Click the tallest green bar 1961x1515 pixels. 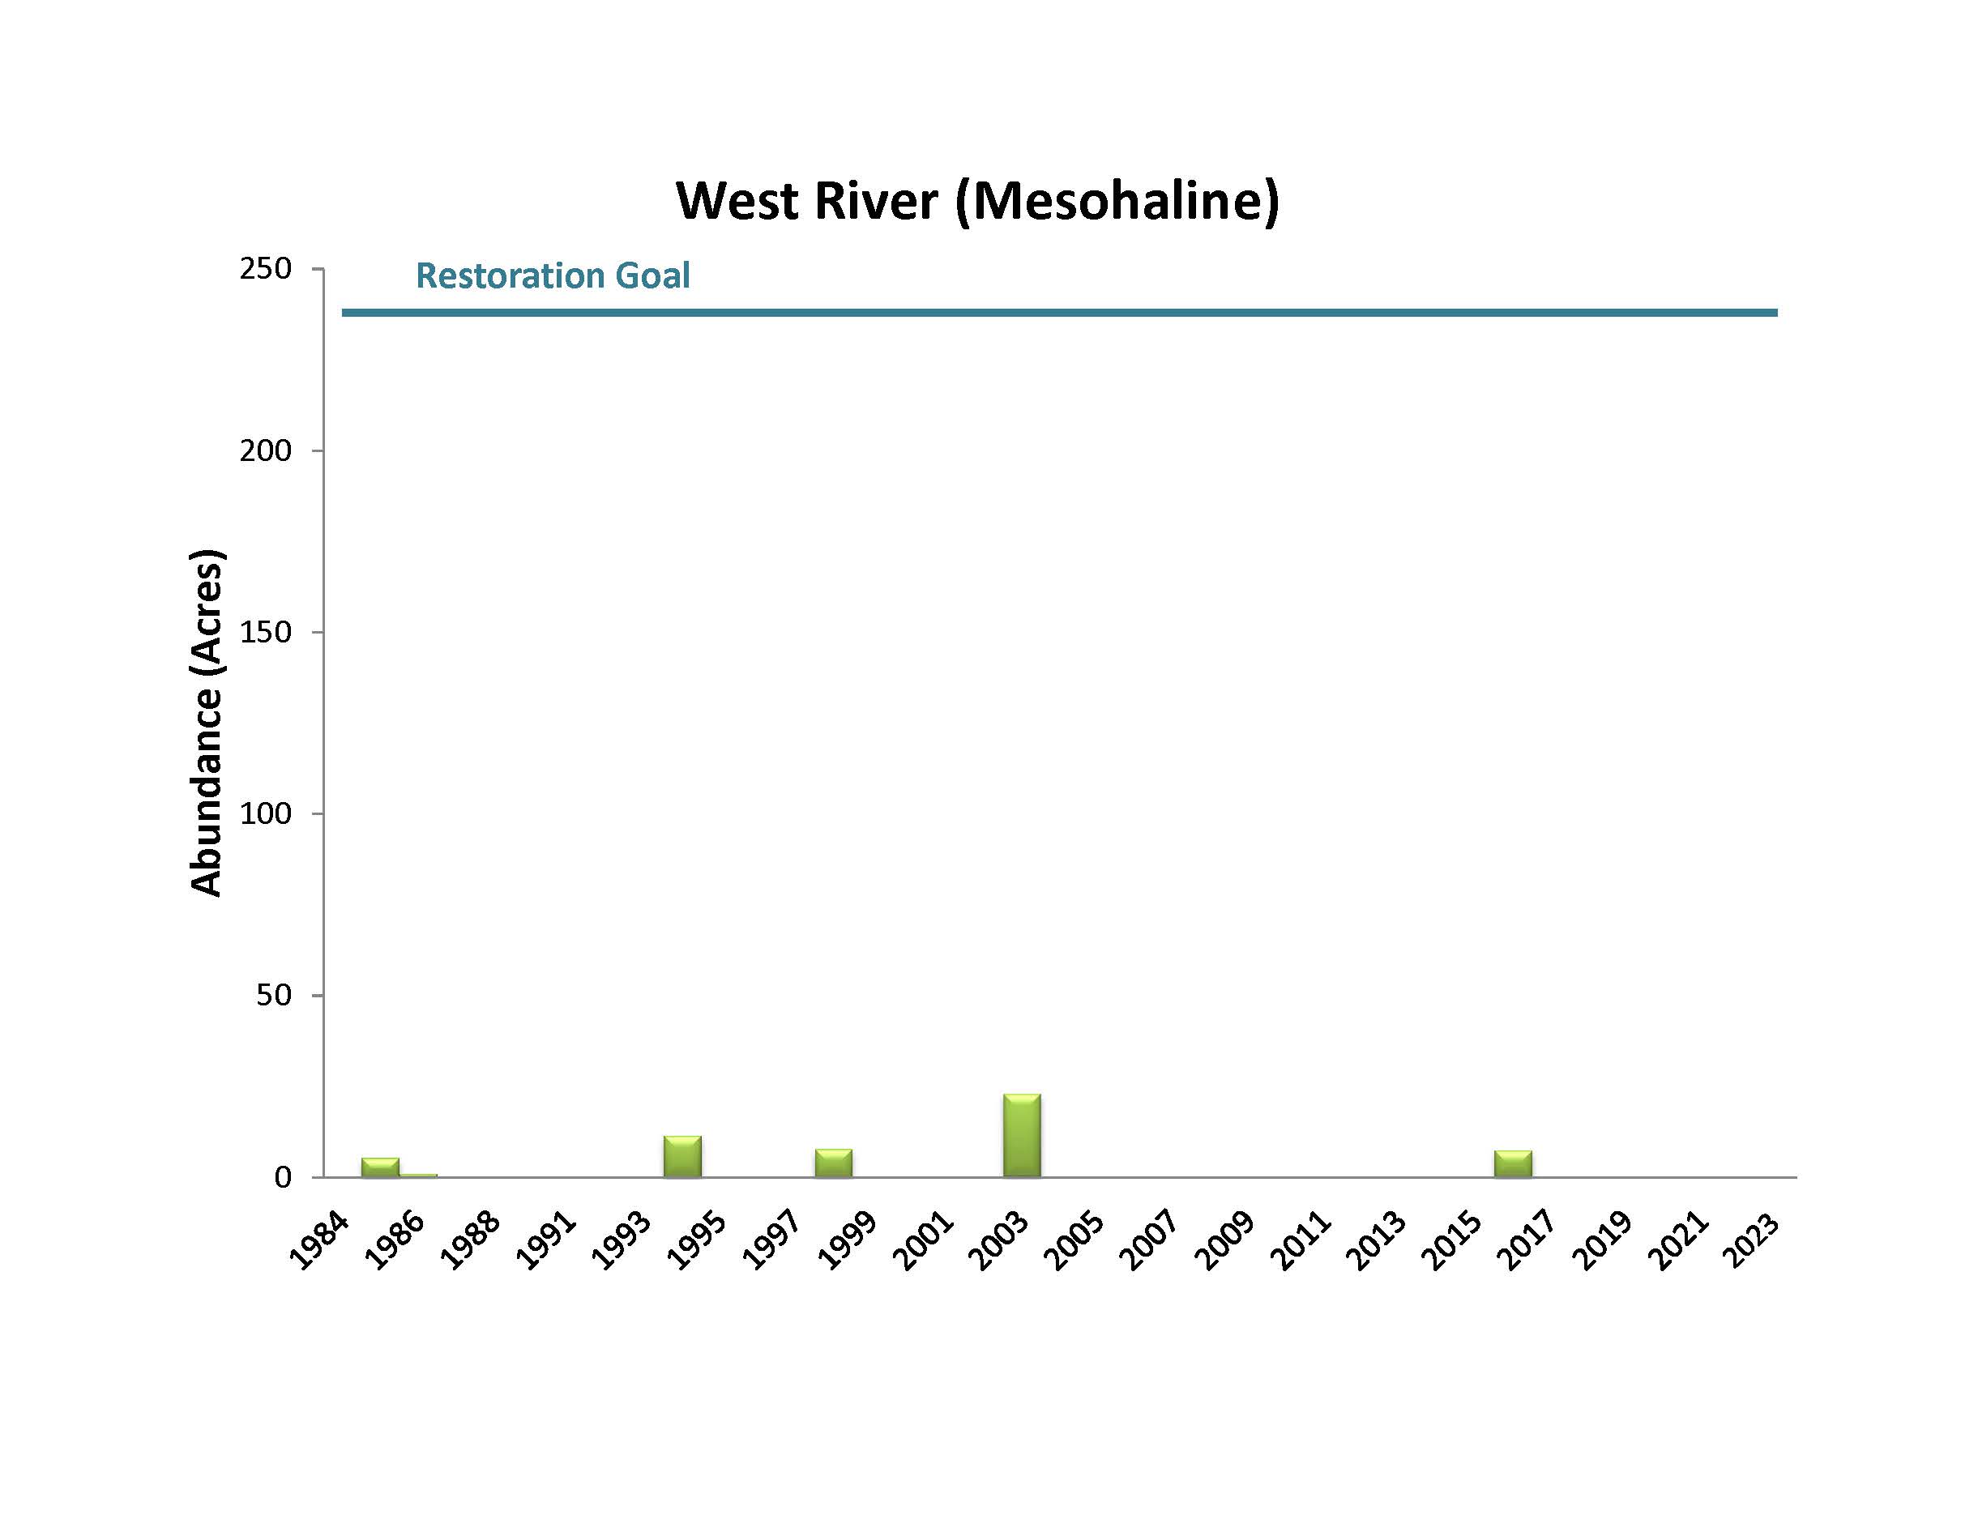pos(1022,1135)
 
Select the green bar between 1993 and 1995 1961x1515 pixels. pos(682,1156)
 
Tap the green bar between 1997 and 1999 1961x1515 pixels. pos(833,1163)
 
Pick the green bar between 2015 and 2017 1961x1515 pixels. pos(1513,1163)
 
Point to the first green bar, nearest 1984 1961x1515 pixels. pos(380,1167)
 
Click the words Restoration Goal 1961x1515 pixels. pos(552,275)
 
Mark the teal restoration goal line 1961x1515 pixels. pos(1060,313)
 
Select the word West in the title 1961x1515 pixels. pos(737,200)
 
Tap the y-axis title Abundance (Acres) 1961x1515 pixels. pos(206,722)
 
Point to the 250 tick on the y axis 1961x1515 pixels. pos(266,268)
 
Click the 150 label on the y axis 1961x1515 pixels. pos(266,632)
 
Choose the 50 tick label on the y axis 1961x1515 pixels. pos(273,994)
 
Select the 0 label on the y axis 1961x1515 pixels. pos(283,1176)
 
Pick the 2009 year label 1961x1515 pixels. pos(1224,1241)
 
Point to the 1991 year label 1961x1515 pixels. pos(546,1241)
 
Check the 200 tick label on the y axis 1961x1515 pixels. pos(266,450)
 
